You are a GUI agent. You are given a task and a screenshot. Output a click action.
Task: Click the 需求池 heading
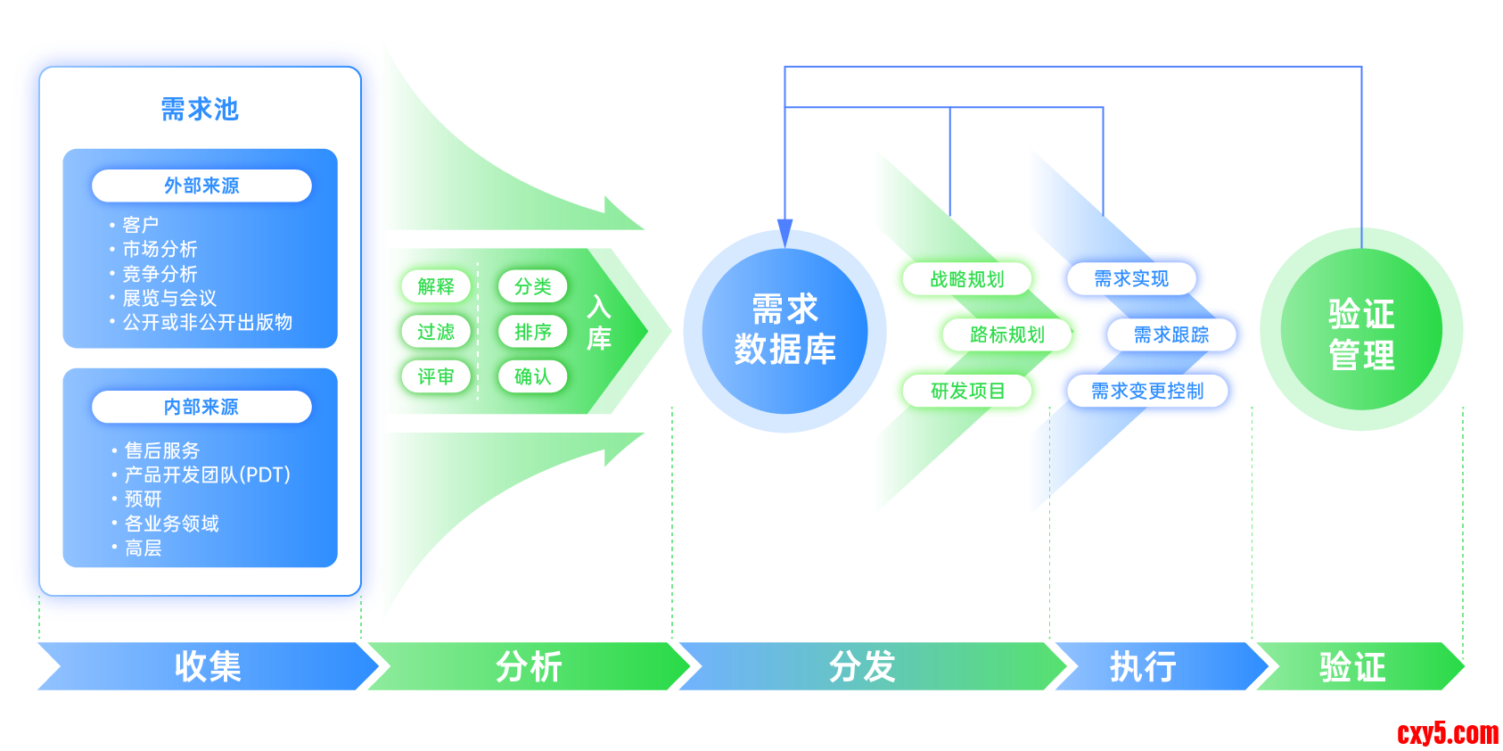[x=200, y=109]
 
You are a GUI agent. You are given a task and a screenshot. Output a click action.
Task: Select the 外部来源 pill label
[x=201, y=186]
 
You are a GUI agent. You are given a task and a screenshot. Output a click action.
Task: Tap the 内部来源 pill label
[x=201, y=407]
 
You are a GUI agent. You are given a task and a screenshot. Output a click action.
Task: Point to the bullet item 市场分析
[x=160, y=249]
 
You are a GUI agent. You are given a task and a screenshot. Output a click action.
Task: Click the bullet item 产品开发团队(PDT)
[x=207, y=475]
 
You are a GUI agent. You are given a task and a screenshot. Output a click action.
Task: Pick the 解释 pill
[x=436, y=286]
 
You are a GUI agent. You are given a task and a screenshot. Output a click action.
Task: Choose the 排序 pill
[x=533, y=332]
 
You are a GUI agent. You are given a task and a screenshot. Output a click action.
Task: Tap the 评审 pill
[x=436, y=376]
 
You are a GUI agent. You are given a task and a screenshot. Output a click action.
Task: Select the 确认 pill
[x=533, y=376]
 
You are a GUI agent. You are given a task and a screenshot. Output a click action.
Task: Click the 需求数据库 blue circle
[x=784, y=331]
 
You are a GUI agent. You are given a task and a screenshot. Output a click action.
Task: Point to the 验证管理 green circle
[x=1360, y=331]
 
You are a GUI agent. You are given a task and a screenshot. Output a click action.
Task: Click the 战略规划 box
[x=967, y=279]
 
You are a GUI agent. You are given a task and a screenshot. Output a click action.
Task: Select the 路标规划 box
[x=1007, y=334]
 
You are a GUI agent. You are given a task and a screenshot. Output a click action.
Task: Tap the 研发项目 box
[x=967, y=391]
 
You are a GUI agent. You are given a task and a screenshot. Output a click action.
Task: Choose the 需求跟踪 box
[x=1171, y=334]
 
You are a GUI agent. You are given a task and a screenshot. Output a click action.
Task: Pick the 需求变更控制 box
[x=1147, y=391]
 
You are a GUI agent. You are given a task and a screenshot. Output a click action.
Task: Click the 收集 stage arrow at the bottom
[x=208, y=666]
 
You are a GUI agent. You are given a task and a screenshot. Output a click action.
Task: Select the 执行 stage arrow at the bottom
[x=1144, y=666]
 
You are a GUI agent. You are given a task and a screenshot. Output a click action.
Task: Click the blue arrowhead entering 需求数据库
[x=784, y=234]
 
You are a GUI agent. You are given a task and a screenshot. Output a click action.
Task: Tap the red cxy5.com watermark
[x=1448, y=733]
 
